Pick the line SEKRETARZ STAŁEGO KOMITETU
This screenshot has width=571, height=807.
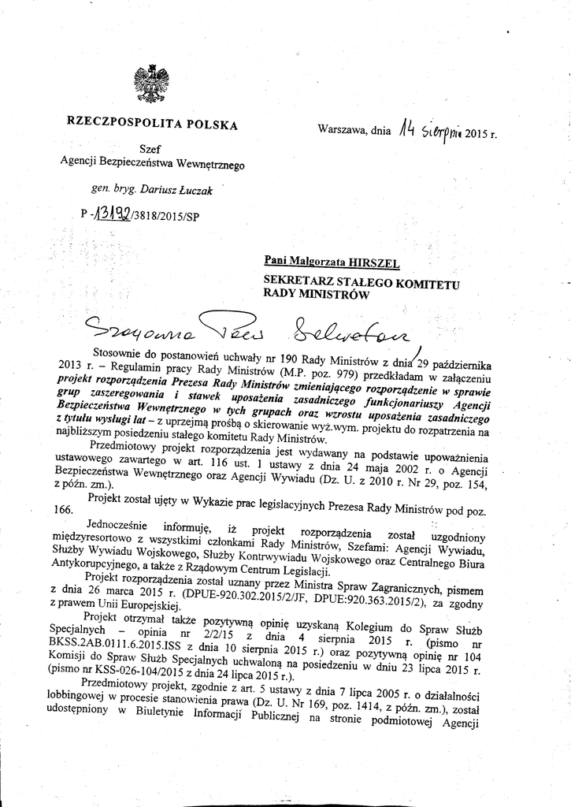(362, 281)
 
